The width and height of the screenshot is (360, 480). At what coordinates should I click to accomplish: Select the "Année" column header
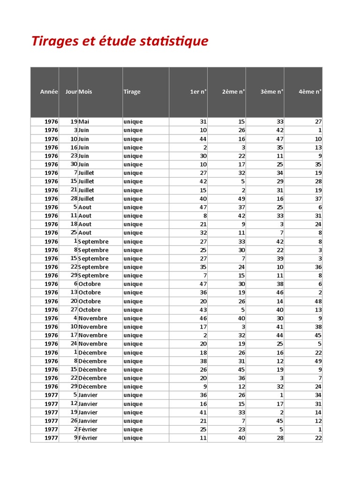(49, 92)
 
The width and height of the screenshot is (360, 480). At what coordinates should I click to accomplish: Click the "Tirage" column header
(132, 92)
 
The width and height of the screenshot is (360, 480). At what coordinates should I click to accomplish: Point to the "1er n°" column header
(198, 92)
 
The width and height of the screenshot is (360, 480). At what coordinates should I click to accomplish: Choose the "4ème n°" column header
(310, 92)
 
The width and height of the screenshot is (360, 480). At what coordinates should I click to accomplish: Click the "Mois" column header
(85, 92)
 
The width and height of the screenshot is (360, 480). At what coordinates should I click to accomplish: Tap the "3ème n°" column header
(272, 92)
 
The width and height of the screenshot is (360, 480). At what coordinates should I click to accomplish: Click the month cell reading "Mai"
(84, 122)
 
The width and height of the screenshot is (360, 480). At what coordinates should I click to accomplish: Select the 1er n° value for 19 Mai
(203, 122)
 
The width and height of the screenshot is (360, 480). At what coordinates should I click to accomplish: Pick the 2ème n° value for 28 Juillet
(241, 199)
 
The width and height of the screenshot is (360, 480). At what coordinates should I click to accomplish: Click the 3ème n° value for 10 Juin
(279, 139)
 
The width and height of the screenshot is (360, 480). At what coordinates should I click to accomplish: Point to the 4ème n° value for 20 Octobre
(318, 301)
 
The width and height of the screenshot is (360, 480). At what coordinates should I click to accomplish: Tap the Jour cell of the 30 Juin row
(74, 165)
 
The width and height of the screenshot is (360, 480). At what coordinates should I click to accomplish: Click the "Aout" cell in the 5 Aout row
(85, 207)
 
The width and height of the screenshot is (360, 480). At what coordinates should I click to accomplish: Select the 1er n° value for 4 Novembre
(203, 318)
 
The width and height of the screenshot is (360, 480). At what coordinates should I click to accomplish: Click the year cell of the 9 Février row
(51, 438)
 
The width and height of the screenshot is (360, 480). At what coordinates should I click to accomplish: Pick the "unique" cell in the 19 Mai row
(133, 122)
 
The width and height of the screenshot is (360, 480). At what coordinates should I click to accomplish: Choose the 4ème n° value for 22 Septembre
(318, 267)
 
